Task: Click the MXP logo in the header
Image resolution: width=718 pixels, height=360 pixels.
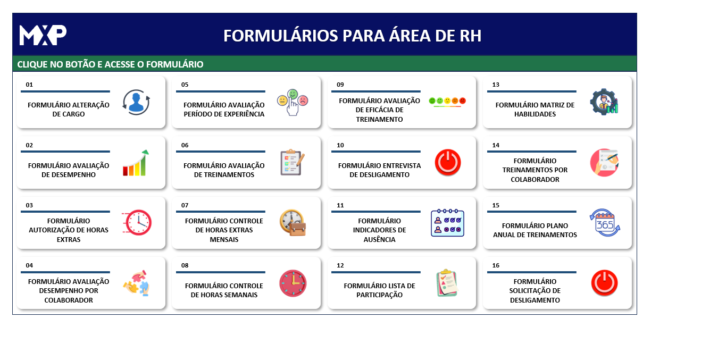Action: tap(43, 35)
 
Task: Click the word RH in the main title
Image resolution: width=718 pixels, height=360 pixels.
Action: tap(471, 36)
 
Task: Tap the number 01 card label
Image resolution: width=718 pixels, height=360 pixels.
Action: tap(29, 85)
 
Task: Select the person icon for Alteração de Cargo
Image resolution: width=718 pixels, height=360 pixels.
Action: tap(136, 102)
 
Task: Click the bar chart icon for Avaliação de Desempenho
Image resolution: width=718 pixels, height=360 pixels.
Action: tap(136, 163)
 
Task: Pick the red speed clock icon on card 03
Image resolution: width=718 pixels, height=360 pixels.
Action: tap(137, 222)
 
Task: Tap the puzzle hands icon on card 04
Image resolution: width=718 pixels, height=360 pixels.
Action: tap(136, 283)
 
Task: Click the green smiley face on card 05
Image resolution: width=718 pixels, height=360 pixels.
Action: tap(293, 94)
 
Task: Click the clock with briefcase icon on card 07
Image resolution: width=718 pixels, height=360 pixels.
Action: tap(293, 222)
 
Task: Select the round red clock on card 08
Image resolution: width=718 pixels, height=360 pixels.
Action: tap(293, 283)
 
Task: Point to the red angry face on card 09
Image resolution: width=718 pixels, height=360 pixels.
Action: tap(462, 101)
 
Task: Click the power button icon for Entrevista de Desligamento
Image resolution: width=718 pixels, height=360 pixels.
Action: tap(448, 162)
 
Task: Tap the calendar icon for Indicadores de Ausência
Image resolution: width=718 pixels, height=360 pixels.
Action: tap(447, 223)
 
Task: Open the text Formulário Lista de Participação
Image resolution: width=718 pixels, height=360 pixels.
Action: tap(379, 290)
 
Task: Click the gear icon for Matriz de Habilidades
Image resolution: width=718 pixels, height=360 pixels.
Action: tap(604, 102)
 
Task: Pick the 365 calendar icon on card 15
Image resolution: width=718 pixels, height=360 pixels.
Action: tap(605, 222)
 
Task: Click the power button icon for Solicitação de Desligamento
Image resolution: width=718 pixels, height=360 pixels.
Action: tap(604, 283)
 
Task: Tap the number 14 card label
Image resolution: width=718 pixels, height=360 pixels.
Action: tap(496, 145)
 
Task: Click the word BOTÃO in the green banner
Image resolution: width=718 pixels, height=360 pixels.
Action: tap(80, 64)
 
